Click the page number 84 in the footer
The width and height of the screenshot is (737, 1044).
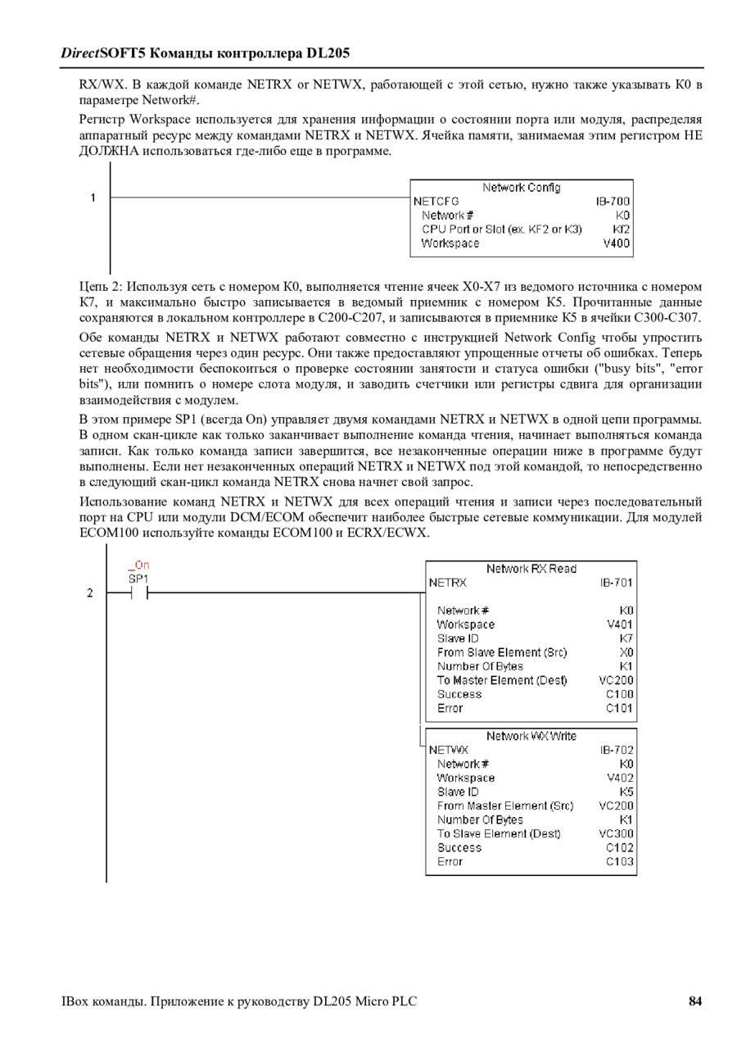pyautogui.click(x=695, y=1001)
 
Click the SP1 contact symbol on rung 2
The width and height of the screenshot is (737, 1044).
pyautogui.click(x=138, y=593)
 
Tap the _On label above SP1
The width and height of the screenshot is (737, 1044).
pyautogui.click(x=138, y=565)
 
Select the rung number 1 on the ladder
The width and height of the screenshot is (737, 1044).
pyautogui.click(x=93, y=197)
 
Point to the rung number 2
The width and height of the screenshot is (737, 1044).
pyautogui.click(x=90, y=593)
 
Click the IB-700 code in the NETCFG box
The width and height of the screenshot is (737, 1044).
pyautogui.click(x=613, y=201)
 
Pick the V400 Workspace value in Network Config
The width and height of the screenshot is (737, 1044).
pyautogui.click(x=617, y=243)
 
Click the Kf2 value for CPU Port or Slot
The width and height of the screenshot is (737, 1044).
pyautogui.click(x=621, y=229)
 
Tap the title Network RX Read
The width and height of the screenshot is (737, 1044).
pyautogui.click(x=531, y=569)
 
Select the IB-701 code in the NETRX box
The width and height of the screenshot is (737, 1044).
pyautogui.click(x=616, y=583)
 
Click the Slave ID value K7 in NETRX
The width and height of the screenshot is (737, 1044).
pyautogui.click(x=626, y=638)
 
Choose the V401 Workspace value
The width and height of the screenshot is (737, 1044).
pyautogui.click(x=620, y=624)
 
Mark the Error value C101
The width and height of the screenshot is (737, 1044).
pyautogui.click(x=619, y=708)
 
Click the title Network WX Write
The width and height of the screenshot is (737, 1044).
pyautogui.click(x=531, y=736)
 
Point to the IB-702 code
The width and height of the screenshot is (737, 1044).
pyautogui.click(x=616, y=750)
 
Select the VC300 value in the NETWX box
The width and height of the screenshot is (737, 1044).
pyautogui.click(x=616, y=833)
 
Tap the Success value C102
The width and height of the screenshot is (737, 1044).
pyautogui.click(x=619, y=847)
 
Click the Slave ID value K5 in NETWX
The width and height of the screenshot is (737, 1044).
pyautogui.click(x=626, y=792)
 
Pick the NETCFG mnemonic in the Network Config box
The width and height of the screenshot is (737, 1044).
pyautogui.click(x=436, y=201)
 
